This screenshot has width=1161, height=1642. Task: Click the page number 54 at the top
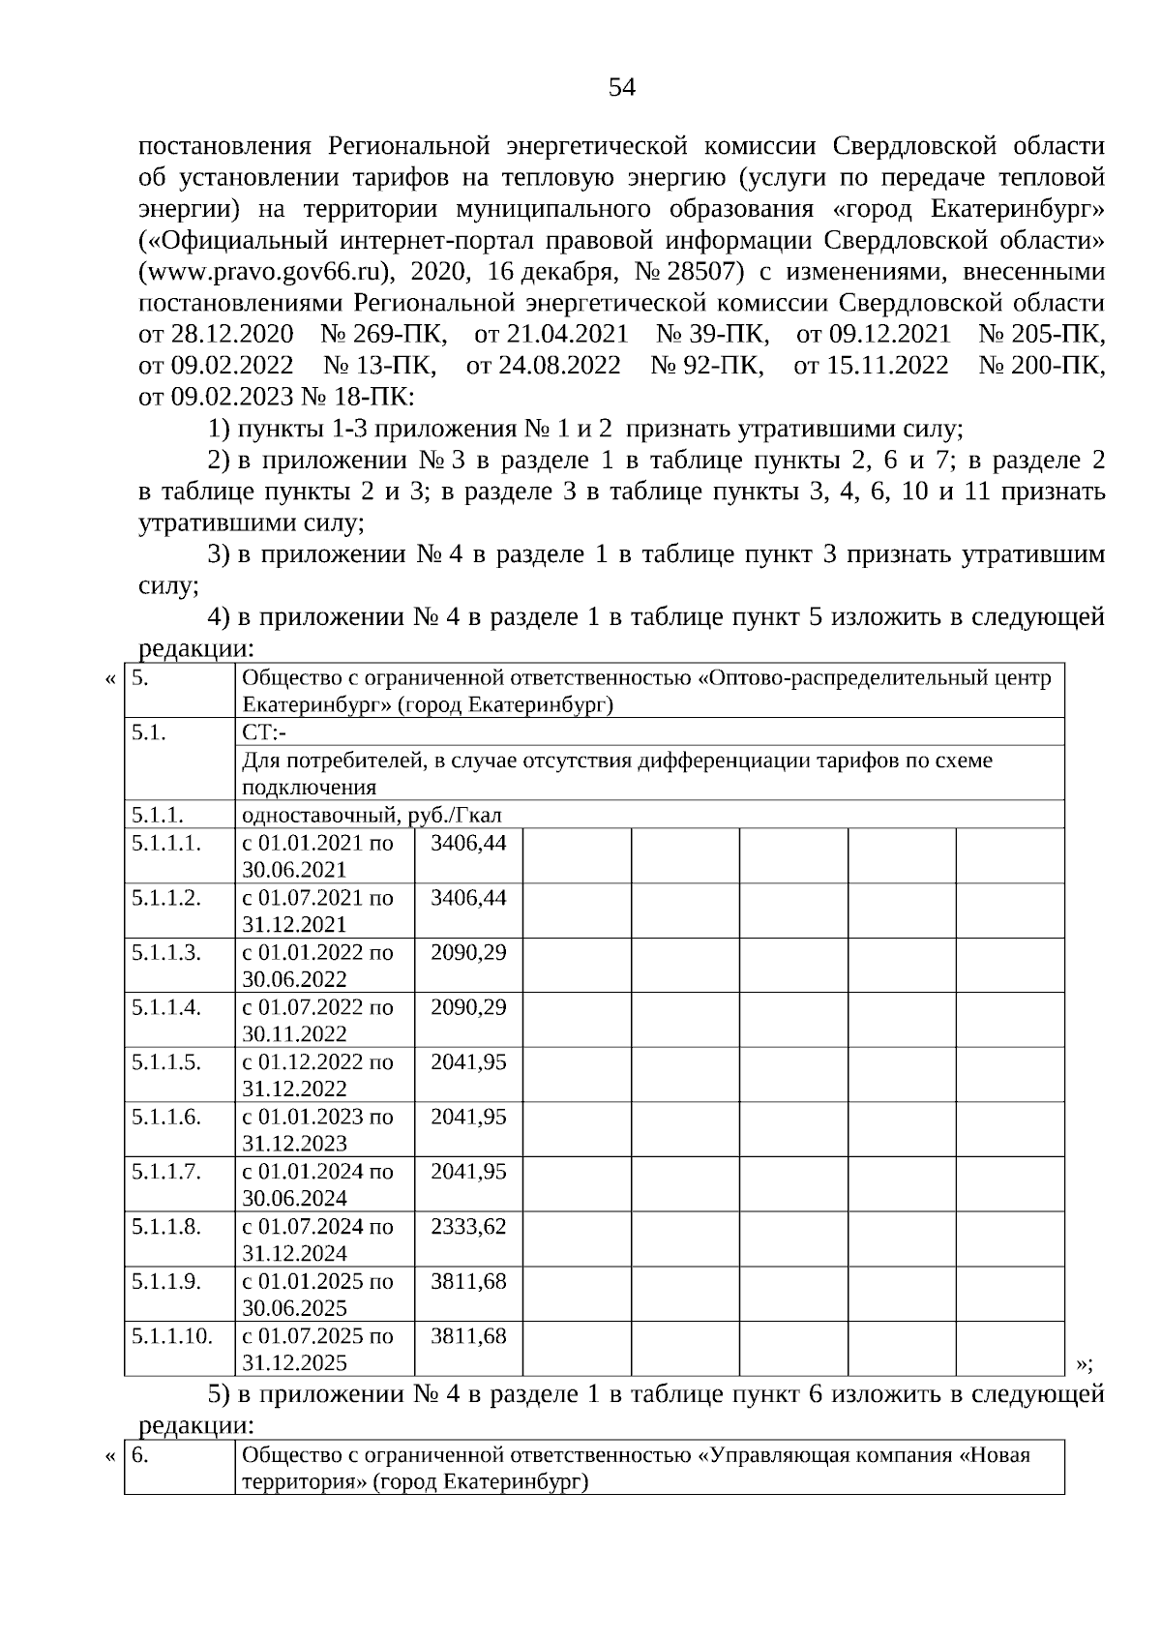(622, 88)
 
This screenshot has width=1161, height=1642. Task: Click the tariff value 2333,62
(468, 1226)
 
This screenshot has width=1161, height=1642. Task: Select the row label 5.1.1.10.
(172, 1336)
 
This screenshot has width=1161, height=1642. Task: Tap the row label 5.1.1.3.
(166, 952)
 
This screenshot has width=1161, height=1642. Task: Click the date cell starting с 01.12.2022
(317, 1075)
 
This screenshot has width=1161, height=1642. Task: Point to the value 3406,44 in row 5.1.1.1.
(468, 842)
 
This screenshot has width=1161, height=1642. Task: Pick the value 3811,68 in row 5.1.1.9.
(468, 1281)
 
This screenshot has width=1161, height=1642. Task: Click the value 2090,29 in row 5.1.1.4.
(468, 1007)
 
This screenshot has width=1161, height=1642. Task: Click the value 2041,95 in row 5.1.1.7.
(468, 1172)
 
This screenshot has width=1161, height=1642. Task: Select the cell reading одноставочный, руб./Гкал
(372, 815)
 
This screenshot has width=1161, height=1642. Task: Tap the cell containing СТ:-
(257, 732)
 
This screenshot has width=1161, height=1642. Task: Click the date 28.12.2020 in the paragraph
(232, 334)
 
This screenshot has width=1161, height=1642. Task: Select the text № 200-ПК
(1041, 365)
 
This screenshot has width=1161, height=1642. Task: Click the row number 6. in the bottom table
(139, 1454)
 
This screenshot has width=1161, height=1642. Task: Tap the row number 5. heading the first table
(139, 677)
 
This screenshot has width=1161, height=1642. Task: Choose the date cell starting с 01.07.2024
(317, 1239)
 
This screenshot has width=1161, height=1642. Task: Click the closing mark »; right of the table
(1085, 1364)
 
